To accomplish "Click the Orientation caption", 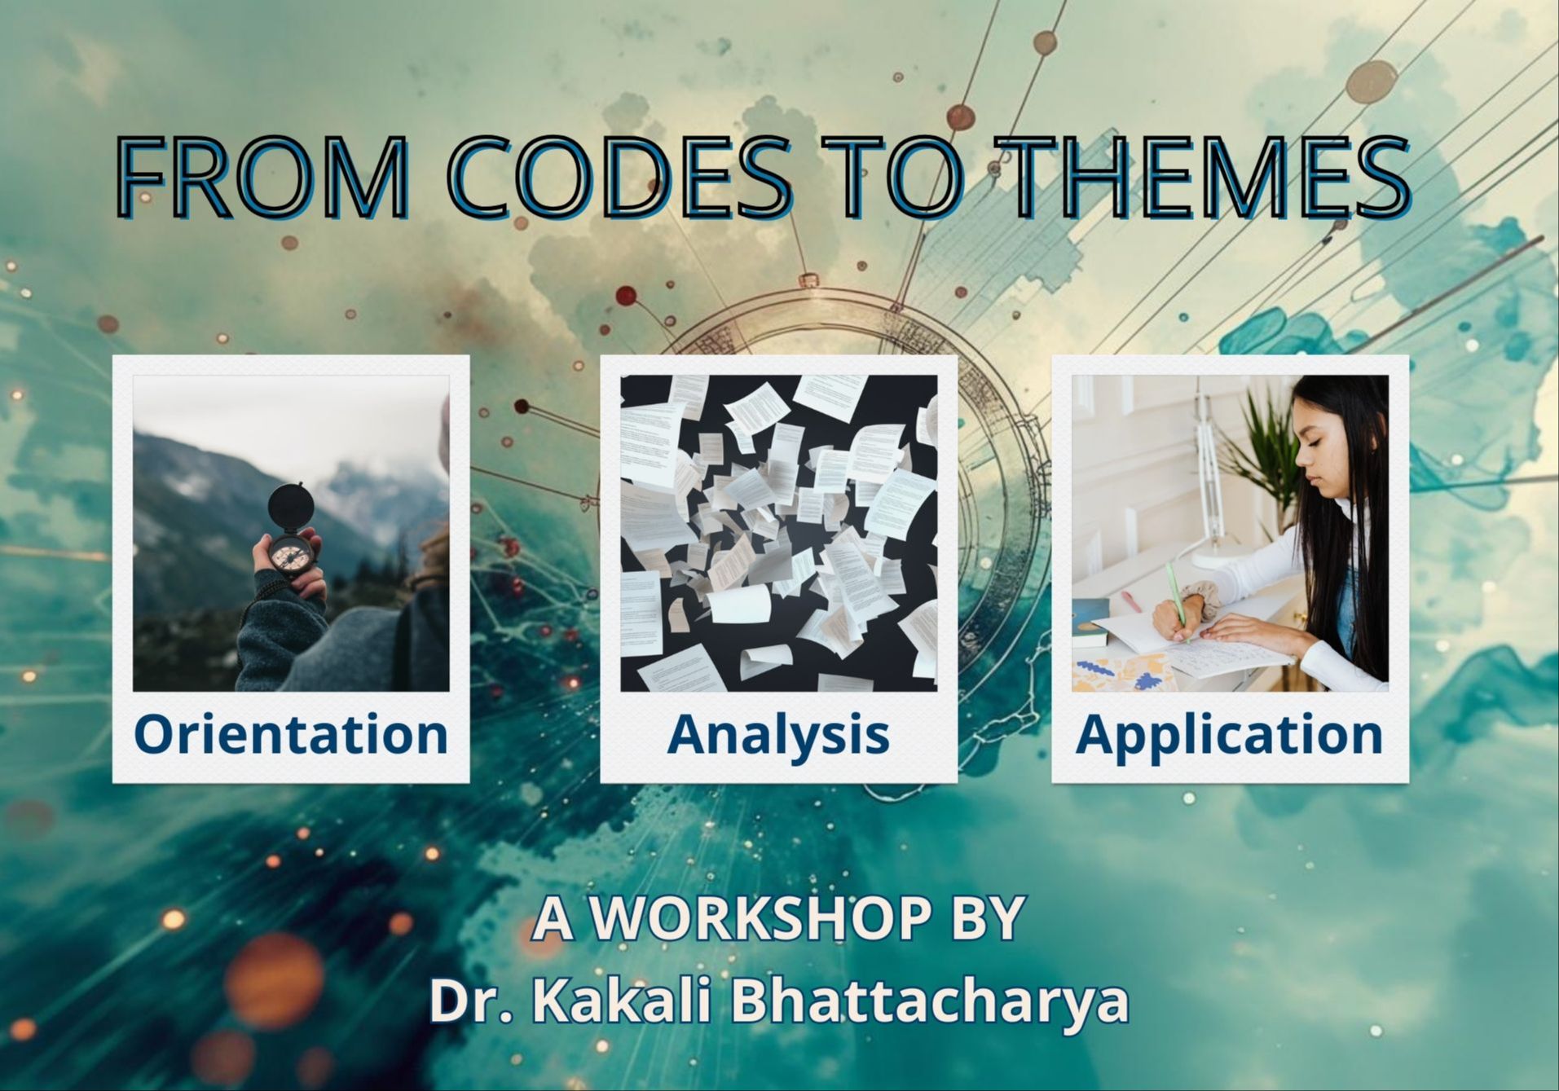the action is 291,733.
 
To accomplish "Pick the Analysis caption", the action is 778,733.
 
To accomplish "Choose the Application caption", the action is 1230,733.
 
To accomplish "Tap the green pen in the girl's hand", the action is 1177,599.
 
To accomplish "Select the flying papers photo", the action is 778,533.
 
